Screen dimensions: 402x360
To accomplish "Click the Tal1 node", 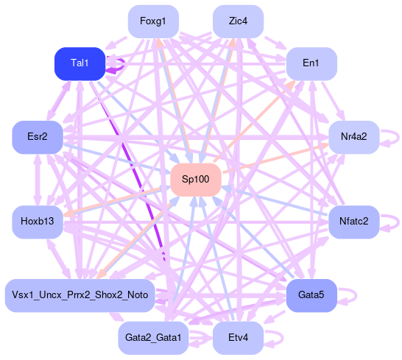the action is [80, 63].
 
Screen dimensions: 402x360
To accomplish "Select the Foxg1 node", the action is [153, 21].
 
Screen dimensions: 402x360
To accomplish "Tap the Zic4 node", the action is [238, 21].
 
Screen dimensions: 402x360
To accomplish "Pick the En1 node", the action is [311, 63].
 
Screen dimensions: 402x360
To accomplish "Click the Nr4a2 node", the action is [354, 137].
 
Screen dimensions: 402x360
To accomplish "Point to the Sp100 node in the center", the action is [196, 180].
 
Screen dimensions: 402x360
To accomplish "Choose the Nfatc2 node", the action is [354, 222].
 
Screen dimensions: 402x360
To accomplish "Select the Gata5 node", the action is [311, 296].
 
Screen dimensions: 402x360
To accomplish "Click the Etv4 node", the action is [238, 338].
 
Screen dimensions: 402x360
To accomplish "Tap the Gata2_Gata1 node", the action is [153, 338].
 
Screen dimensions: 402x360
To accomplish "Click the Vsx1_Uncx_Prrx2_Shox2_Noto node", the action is [80, 296].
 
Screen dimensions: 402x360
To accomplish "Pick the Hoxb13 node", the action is [38, 222].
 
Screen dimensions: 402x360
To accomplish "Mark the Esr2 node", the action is [38, 137].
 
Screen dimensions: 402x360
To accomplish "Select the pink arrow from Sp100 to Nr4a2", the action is [275, 158].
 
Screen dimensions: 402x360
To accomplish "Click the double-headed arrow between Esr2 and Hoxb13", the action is [38, 180].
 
